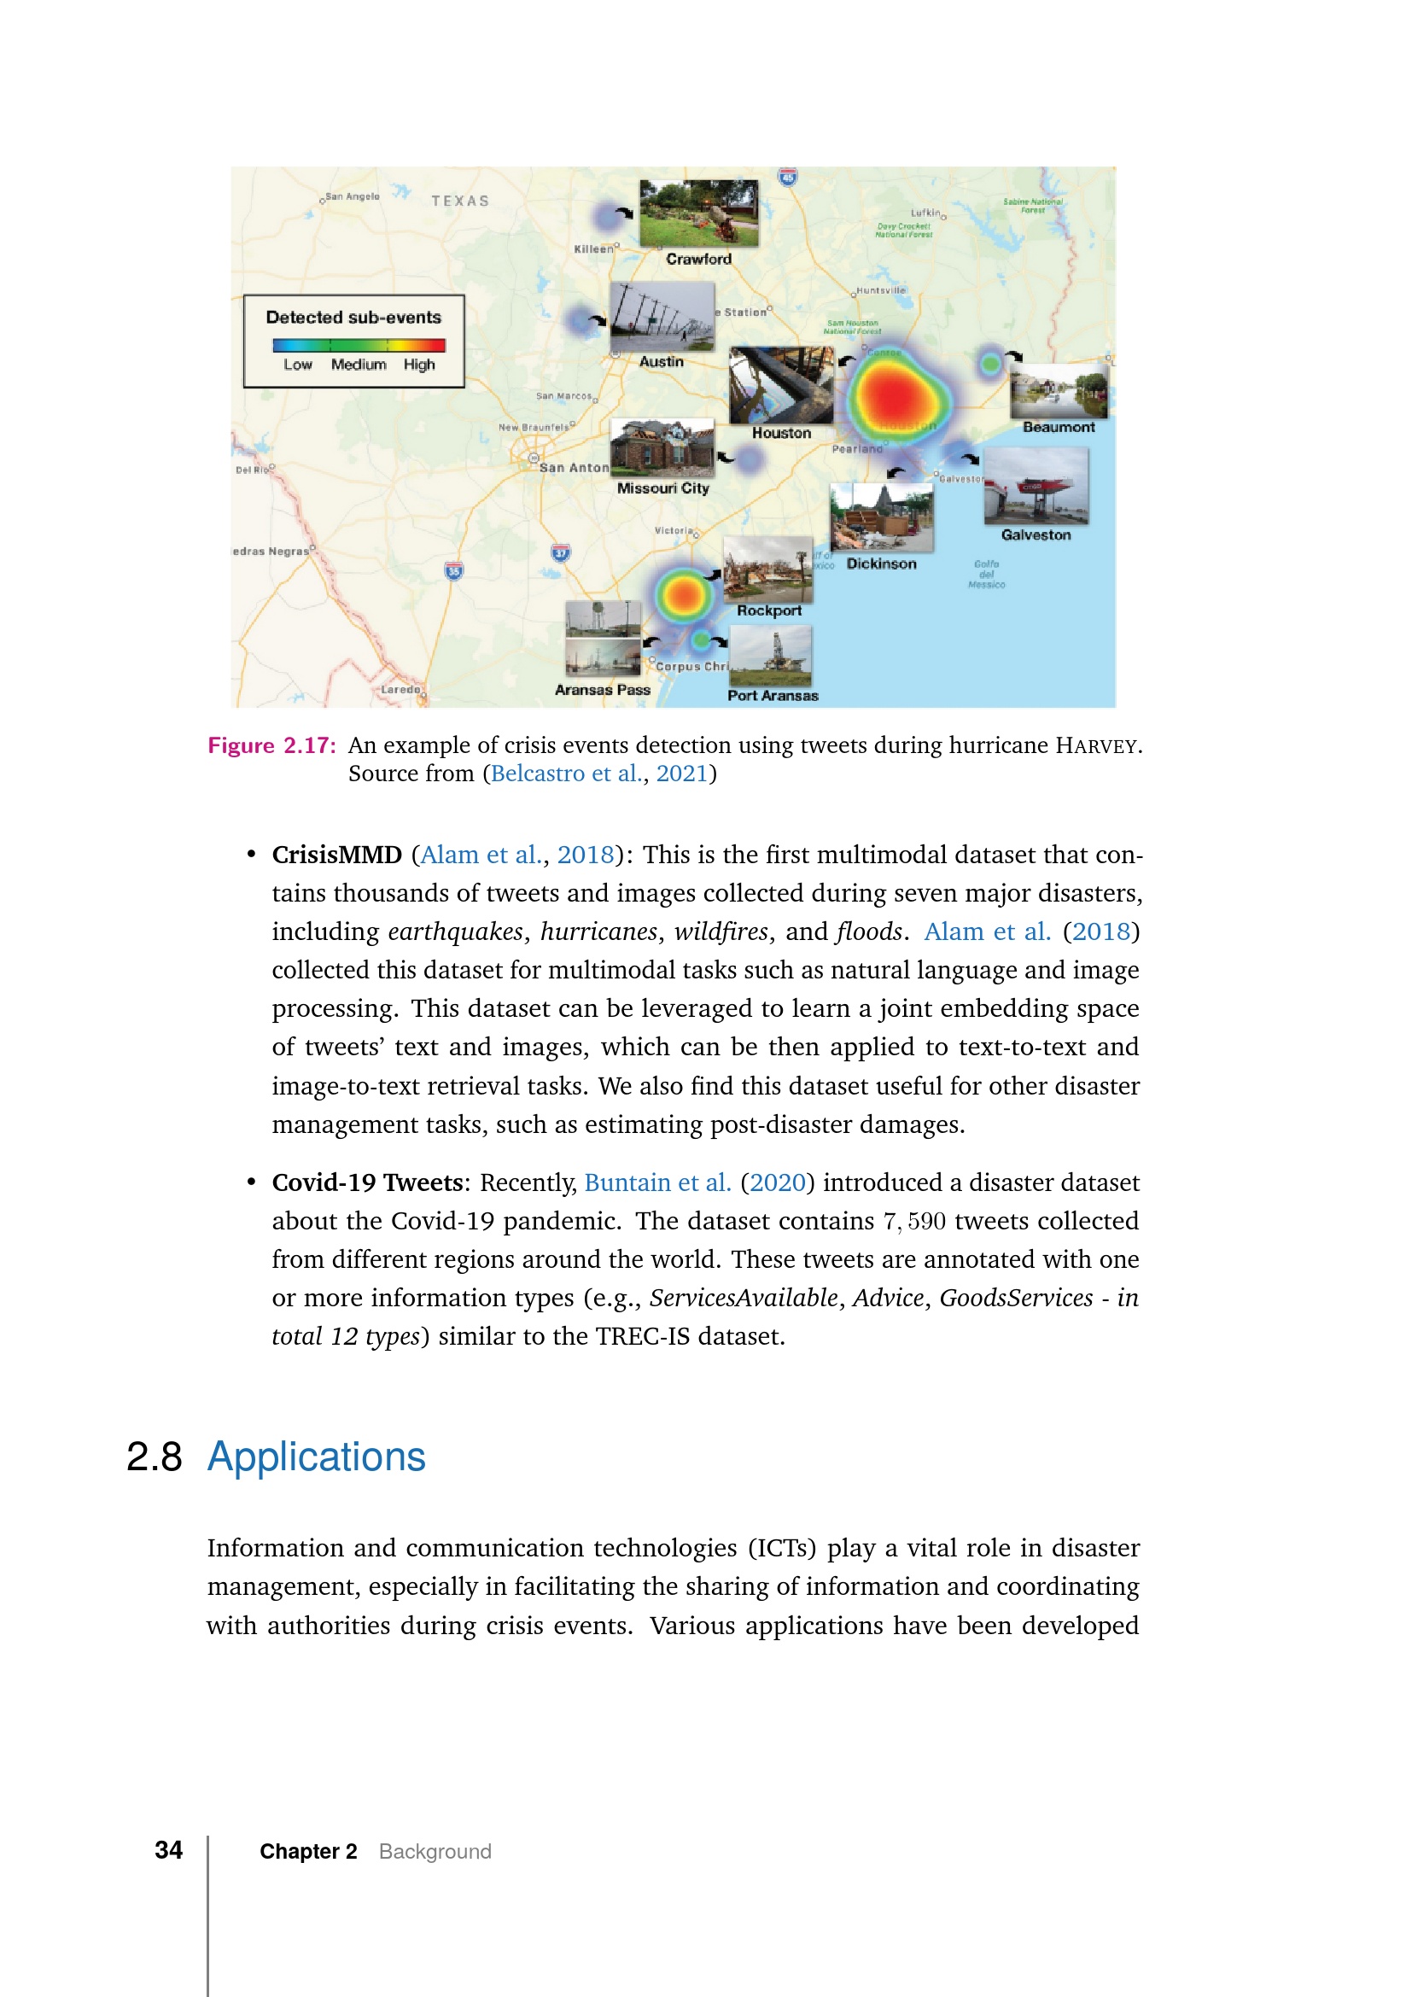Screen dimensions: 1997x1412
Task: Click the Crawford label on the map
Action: pyautogui.click(x=698, y=260)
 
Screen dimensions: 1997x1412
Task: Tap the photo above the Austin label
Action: pyautogui.click(x=662, y=317)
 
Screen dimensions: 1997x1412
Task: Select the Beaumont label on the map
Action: pyautogui.click(x=1058, y=427)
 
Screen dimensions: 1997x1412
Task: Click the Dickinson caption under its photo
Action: pyautogui.click(x=881, y=563)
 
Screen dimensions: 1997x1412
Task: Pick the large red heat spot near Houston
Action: pyautogui.click(x=896, y=396)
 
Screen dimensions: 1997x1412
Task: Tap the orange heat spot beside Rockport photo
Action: pyautogui.click(x=684, y=595)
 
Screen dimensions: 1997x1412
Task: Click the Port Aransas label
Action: pyautogui.click(x=772, y=696)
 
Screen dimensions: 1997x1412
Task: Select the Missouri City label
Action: pyautogui.click(x=662, y=489)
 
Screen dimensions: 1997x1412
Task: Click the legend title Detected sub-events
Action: pyautogui.click(x=353, y=318)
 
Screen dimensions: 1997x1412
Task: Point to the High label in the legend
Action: pyautogui.click(x=418, y=365)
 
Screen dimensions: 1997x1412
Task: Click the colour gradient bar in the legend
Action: pyautogui.click(x=359, y=345)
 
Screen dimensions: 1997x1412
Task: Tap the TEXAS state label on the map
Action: pyautogui.click(x=460, y=201)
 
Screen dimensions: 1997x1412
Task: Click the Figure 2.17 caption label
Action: pyautogui.click(x=271, y=745)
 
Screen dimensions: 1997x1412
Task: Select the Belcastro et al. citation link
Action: pyautogui.click(x=566, y=774)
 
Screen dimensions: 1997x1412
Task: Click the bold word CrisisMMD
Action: pyautogui.click(x=336, y=855)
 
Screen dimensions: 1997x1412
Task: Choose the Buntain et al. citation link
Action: pyautogui.click(x=656, y=1182)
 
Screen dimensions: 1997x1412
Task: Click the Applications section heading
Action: pyautogui.click(x=316, y=1457)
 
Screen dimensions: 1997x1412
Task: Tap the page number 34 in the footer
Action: pyautogui.click(x=169, y=1850)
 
